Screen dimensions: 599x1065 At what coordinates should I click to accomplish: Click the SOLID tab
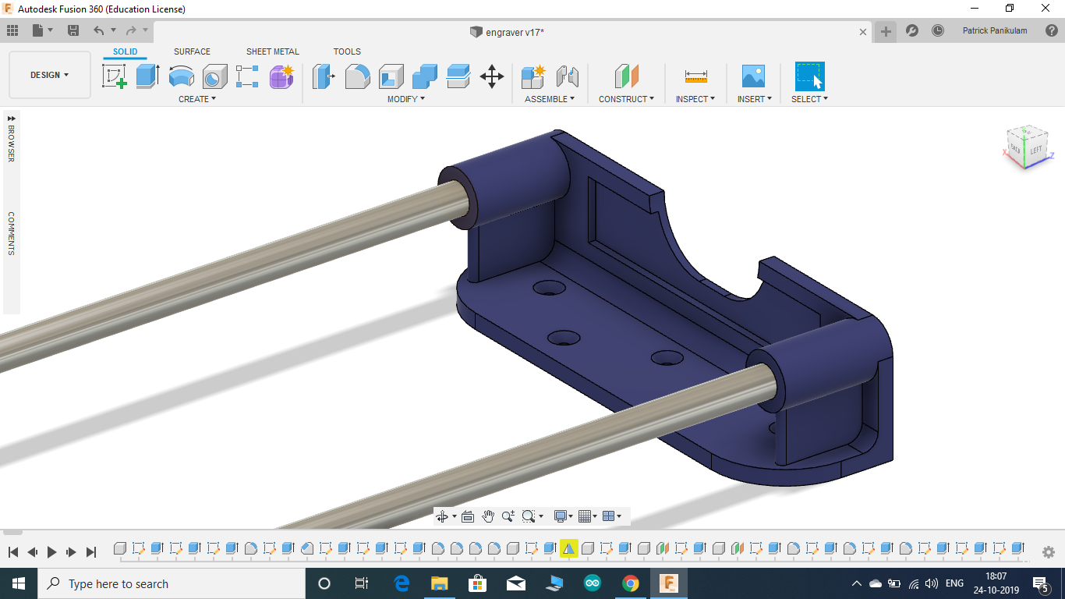(x=125, y=51)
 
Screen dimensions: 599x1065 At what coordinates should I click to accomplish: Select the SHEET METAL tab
(x=272, y=51)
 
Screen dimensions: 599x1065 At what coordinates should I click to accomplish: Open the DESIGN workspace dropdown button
(x=50, y=75)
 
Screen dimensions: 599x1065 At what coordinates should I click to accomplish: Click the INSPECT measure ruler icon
(x=695, y=76)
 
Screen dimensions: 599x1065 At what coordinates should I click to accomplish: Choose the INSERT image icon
(x=753, y=76)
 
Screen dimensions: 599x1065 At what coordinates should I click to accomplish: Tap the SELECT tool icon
(x=809, y=76)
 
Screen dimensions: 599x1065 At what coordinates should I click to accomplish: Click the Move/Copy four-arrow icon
(x=491, y=76)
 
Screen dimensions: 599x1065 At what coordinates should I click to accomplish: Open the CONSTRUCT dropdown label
(x=626, y=99)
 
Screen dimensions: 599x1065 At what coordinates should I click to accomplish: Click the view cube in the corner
(x=1026, y=147)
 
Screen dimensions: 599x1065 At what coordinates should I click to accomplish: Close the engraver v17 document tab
(x=863, y=32)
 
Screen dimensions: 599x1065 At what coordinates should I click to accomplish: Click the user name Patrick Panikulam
(x=995, y=30)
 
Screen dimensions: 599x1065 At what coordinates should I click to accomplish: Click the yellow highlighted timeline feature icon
(x=568, y=548)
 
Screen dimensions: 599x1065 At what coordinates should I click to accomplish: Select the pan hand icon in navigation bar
(x=488, y=516)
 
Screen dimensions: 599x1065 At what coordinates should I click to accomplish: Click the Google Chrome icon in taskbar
(x=630, y=583)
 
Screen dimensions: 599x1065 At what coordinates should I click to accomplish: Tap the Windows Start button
(x=18, y=583)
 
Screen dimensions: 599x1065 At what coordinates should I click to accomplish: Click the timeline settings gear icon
(x=1048, y=551)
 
